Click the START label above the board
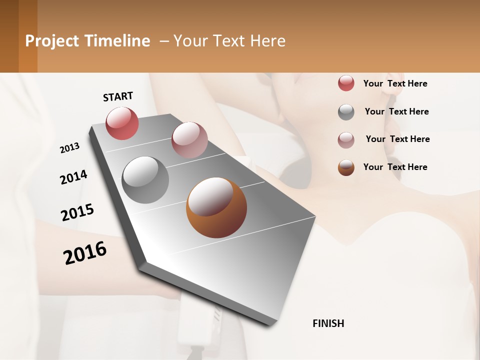point(118,96)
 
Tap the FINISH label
point(328,323)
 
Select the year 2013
point(69,148)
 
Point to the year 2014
point(73,177)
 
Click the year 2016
point(85,252)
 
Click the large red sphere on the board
point(122,123)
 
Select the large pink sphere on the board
point(189,140)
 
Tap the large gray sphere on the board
point(145,179)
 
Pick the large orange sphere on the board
point(216,207)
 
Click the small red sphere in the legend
point(346,83)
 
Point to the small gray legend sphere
point(346,112)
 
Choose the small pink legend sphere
point(346,140)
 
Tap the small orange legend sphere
point(346,167)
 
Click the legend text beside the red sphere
point(395,83)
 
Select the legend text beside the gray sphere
point(396,111)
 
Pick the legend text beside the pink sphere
point(397,139)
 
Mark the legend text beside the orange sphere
point(395,167)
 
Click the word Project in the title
point(52,41)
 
